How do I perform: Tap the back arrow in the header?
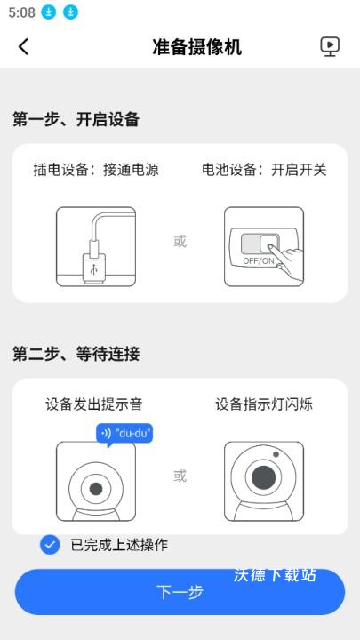tap(23, 47)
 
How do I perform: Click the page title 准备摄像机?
tap(196, 47)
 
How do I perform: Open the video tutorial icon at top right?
tap(330, 47)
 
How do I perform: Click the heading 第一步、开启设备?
tap(76, 120)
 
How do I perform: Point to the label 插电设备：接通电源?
tap(96, 169)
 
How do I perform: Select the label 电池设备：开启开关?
tap(264, 169)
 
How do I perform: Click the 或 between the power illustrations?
tap(180, 242)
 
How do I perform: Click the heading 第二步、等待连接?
tap(76, 354)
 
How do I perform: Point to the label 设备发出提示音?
tap(94, 404)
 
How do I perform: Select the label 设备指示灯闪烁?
tap(264, 404)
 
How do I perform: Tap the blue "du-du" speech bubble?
tap(124, 434)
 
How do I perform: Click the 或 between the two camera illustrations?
tap(180, 476)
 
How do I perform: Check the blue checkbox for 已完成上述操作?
tap(50, 545)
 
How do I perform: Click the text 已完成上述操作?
tap(118, 545)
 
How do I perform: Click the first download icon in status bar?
tap(50, 13)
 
